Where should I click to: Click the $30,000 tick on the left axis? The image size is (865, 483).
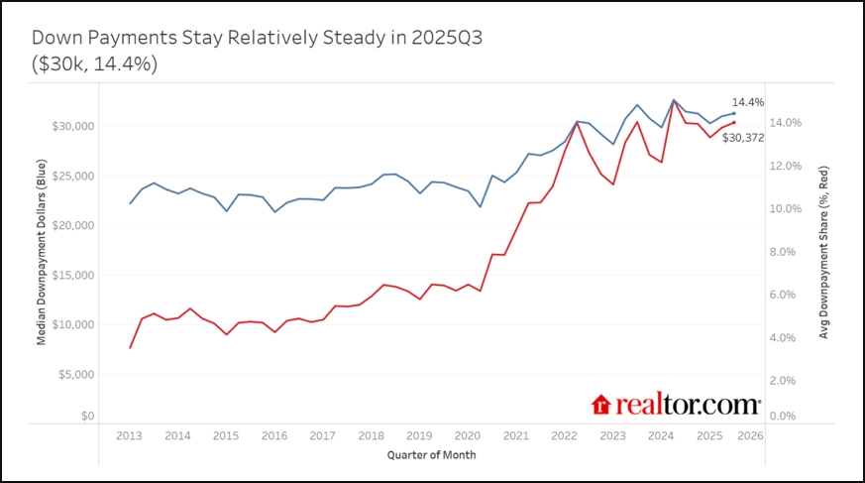pyautogui.click(x=73, y=127)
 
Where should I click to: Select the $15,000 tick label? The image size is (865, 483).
pyautogui.click(x=73, y=276)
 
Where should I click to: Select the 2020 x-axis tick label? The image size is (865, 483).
pyautogui.click(x=468, y=435)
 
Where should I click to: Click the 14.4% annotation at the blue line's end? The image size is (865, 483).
pyautogui.click(x=748, y=102)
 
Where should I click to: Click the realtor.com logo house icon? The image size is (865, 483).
pyautogui.click(x=600, y=405)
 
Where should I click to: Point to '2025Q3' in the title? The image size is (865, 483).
pyautogui.click(x=440, y=39)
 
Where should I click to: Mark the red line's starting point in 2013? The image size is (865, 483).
pyautogui.click(x=130, y=347)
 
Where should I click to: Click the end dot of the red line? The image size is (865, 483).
pyautogui.click(x=733, y=122)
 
